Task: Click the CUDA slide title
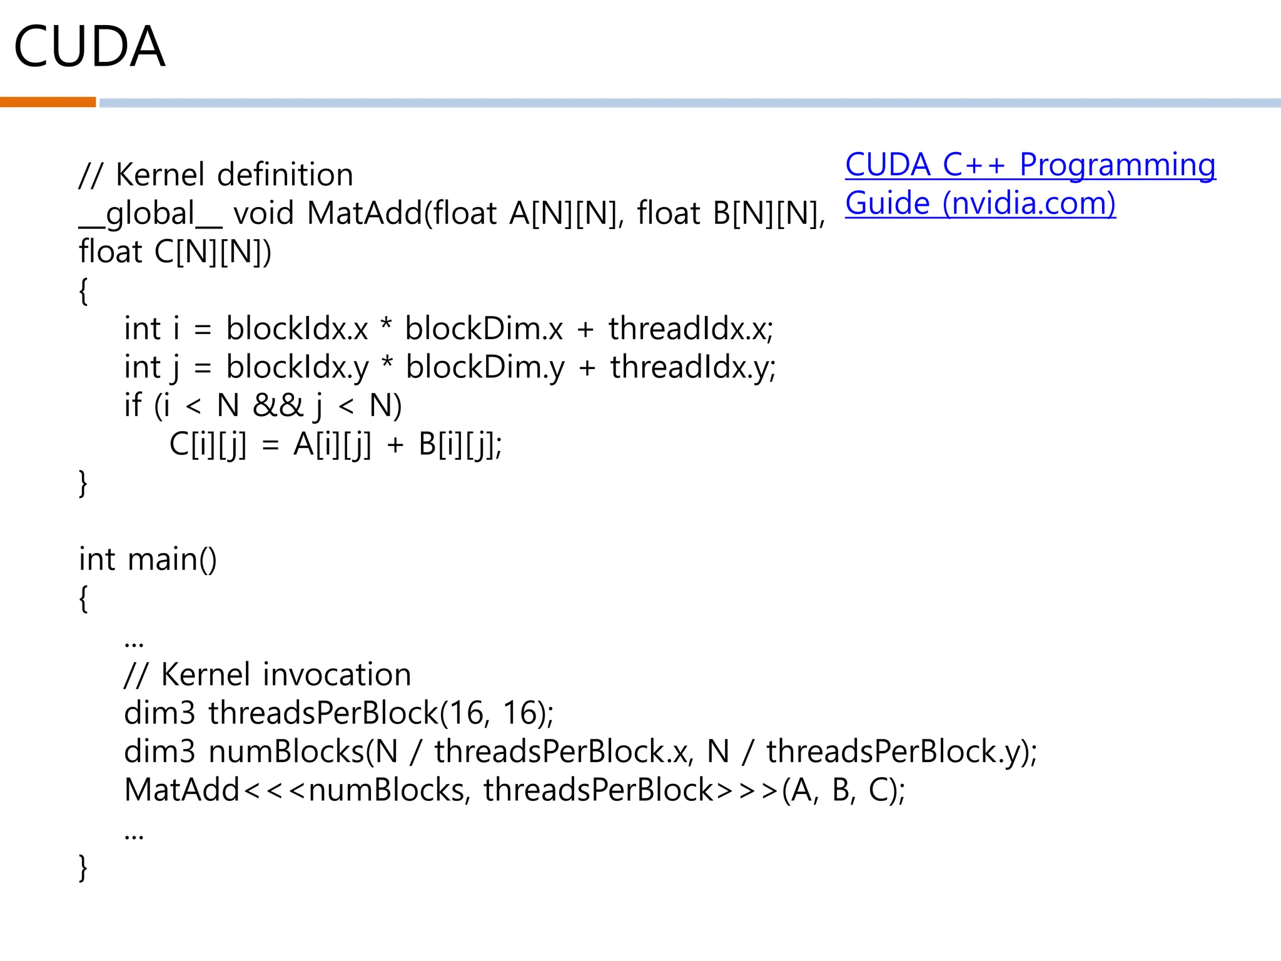[89, 47]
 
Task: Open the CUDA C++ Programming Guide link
[1030, 184]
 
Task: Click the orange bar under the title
[48, 102]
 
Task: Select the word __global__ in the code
[150, 213]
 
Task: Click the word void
[263, 213]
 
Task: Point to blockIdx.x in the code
[297, 328]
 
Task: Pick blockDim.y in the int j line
[485, 367]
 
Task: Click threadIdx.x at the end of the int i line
[691, 328]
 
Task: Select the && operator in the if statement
[278, 405]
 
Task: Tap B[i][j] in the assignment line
[459, 445]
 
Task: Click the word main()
[172, 559]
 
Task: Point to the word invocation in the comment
[337, 674]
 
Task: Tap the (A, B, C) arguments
[842, 790]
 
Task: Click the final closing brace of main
[83, 867]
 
